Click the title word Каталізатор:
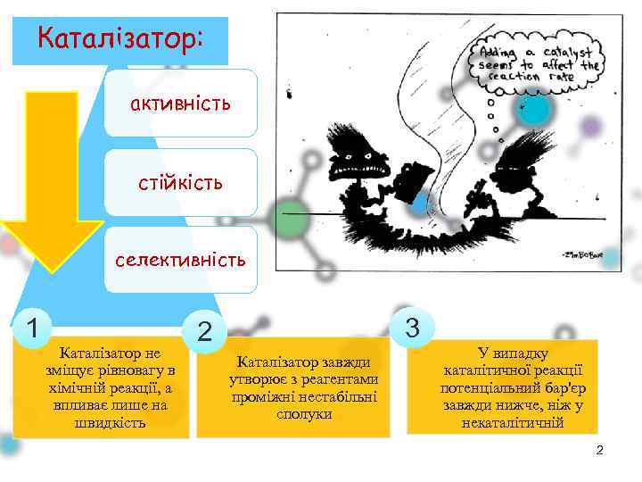[x=120, y=40]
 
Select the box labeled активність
[x=180, y=104]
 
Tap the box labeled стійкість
[x=180, y=182]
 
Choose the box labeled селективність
[x=180, y=260]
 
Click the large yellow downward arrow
[x=52, y=179]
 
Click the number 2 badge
[x=205, y=332]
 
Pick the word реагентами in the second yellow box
[x=345, y=379]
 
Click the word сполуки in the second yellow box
[x=304, y=414]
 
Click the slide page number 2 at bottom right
[x=599, y=450]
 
